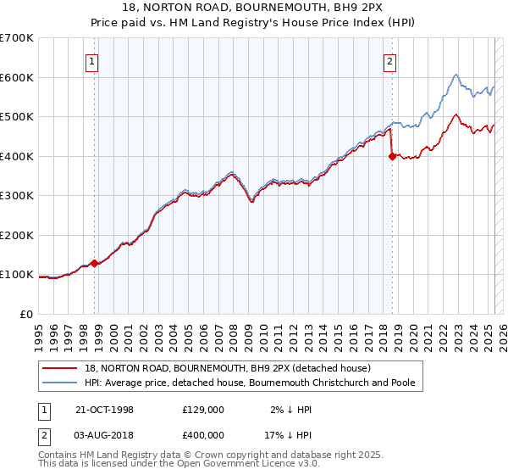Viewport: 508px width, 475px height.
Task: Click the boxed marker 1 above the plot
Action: [x=91, y=60]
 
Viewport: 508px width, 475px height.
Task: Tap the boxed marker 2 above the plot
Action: [x=389, y=60]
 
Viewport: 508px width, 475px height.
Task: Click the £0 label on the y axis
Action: [x=27, y=314]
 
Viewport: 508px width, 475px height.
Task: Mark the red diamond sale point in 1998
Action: [x=95, y=263]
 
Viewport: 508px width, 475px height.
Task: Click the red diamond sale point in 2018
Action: [x=392, y=156]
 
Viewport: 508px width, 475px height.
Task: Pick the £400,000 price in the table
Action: [x=202, y=435]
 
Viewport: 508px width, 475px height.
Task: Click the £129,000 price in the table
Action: [x=202, y=410]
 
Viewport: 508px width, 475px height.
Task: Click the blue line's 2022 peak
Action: [x=456, y=75]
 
